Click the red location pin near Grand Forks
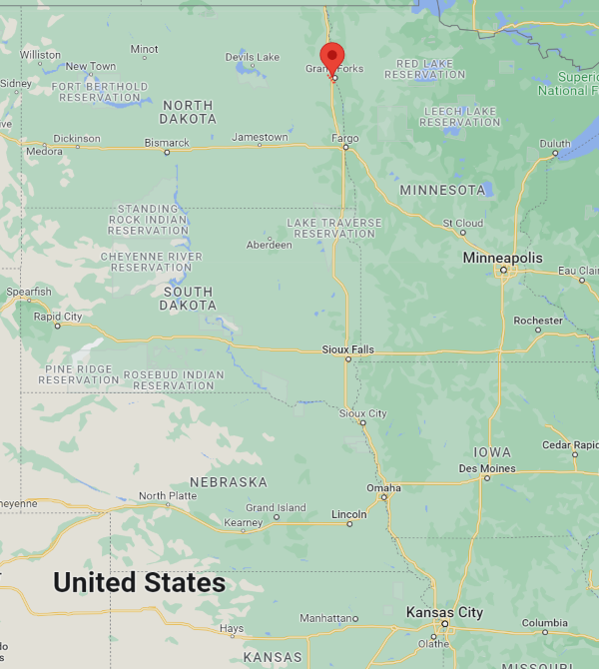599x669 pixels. pos(331,57)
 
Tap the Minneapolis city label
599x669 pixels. pos(503,258)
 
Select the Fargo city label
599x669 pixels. pos(344,138)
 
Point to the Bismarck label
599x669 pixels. pos(167,143)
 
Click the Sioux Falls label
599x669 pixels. pos(347,349)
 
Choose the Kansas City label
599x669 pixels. pos(444,612)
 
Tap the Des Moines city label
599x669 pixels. pos(487,468)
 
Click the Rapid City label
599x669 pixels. pos(58,317)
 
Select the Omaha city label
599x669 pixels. pos(383,488)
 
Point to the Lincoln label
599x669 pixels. pos(348,514)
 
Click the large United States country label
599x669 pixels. pos(139,582)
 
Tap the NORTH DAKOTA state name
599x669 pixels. pos(188,112)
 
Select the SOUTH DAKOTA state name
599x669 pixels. pos(188,298)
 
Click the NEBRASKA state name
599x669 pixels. pos(229,482)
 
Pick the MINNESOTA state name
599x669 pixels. pos(442,190)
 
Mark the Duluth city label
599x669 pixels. pos(555,144)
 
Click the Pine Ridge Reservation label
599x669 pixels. pos(80,374)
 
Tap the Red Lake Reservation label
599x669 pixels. pos(424,69)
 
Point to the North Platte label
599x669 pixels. pos(167,496)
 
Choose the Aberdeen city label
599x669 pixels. pos(269,245)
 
